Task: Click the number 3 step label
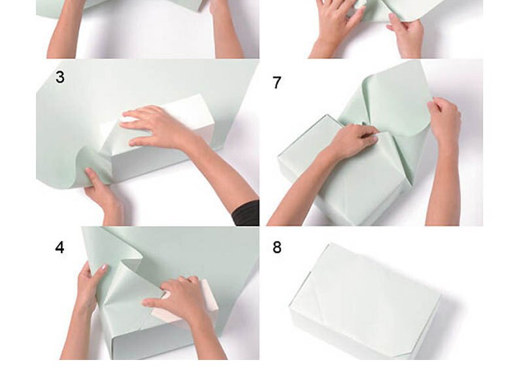[60, 77]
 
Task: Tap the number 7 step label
[277, 82]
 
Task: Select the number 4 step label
[60, 248]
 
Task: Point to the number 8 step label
[277, 248]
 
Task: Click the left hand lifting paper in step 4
[90, 287]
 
